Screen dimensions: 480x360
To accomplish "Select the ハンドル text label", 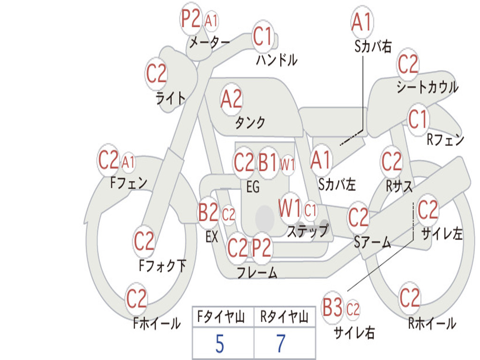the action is point(277,60).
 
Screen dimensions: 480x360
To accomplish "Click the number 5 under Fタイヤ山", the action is point(219,344).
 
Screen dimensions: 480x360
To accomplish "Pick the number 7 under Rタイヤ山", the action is point(280,344).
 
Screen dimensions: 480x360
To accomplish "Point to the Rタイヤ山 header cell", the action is point(285,318).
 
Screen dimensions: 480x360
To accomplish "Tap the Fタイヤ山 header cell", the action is point(222,318).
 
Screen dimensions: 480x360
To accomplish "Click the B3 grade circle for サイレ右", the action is point(333,308).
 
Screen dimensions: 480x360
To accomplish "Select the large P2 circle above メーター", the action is point(191,19).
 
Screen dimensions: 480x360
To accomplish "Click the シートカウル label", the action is point(427,87).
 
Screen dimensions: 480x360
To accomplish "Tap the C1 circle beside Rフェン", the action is point(418,120).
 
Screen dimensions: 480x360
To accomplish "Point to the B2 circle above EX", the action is point(208,214).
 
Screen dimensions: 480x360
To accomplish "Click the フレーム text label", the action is point(257,272).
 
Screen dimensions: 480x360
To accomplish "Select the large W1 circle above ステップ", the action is point(290,209).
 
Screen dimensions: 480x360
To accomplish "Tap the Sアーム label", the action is point(372,242).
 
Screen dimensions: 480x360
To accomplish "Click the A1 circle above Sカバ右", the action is point(361,22).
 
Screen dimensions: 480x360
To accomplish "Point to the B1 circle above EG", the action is point(269,163).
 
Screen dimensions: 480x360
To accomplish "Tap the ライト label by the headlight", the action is point(171,97).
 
